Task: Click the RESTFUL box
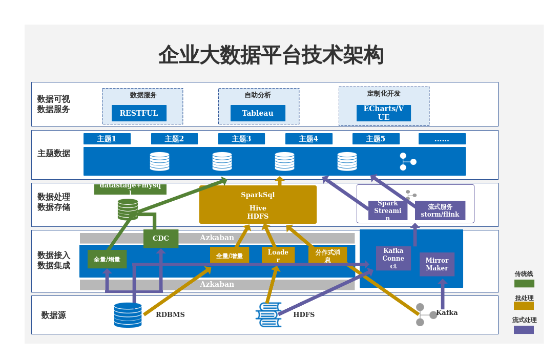click(x=139, y=113)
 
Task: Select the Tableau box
click(x=258, y=113)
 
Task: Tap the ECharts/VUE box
click(x=384, y=113)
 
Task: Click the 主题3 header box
click(x=241, y=139)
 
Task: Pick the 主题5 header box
click(x=376, y=139)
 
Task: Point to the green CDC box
click(x=161, y=238)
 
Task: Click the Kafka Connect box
click(x=393, y=258)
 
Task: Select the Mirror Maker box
click(x=437, y=264)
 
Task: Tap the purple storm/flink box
click(x=440, y=210)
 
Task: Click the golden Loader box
click(x=278, y=255)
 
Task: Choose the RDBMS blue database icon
click(x=128, y=314)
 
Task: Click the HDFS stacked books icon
click(x=268, y=314)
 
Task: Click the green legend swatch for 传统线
click(x=524, y=283)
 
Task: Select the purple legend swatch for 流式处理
click(x=524, y=330)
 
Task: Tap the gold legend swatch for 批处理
click(x=524, y=306)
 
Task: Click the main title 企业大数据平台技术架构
click(x=271, y=55)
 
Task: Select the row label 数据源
click(x=53, y=315)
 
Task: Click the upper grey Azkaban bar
click(x=217, y=238)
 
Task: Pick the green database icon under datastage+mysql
click(x=128, y=209)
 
